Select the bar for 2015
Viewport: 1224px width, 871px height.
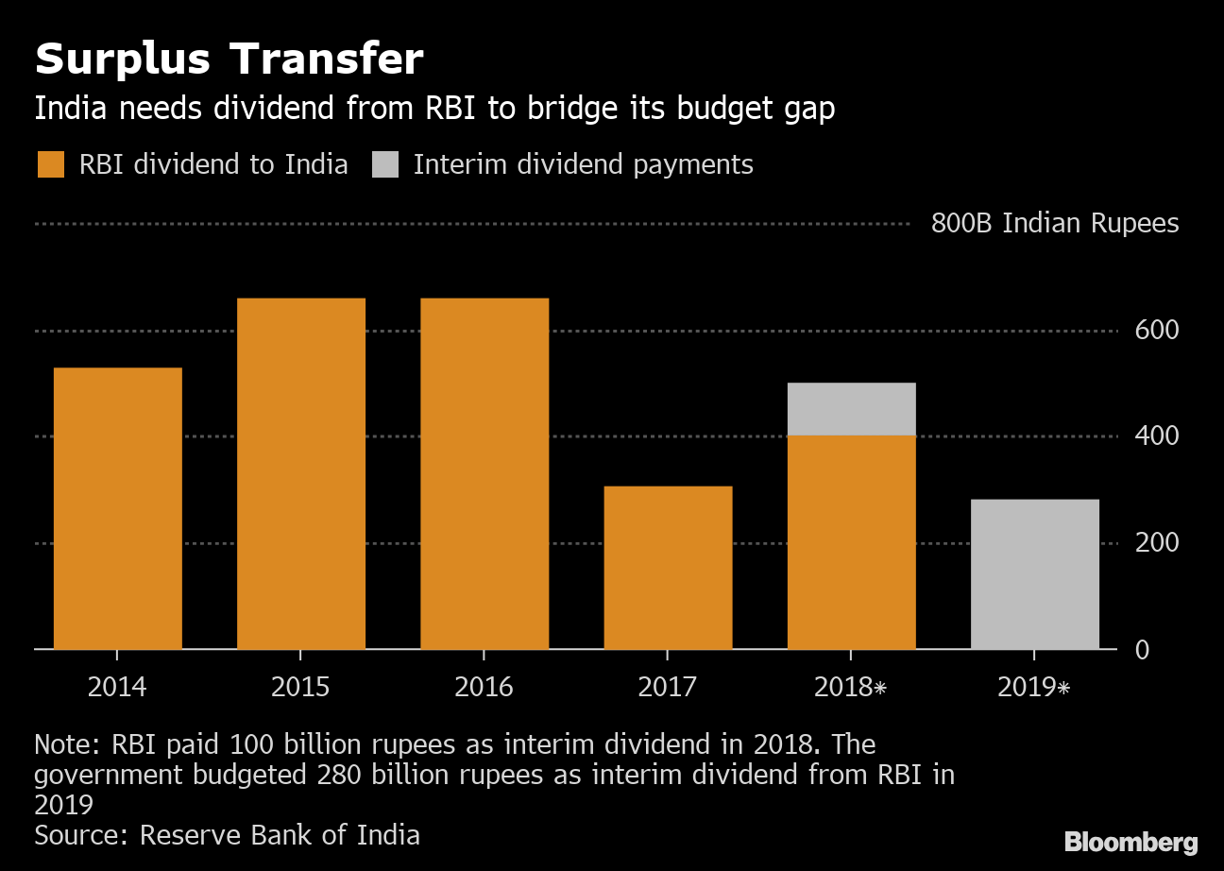[x=300, y=473]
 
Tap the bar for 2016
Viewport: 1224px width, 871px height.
[x=484, y=473]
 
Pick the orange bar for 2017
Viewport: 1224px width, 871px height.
[x=667, y=567]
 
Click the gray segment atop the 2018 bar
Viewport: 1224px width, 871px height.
[x=850, y=409]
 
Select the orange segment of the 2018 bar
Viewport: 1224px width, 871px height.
[x=850, y=542]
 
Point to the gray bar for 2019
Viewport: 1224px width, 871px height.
[x=1034, y=573]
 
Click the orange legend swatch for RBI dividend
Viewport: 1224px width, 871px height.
[x=51, y=165]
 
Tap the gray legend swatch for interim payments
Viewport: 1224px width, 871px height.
[x=385, y=165]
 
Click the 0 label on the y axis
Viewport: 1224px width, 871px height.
[x=1142, y=650]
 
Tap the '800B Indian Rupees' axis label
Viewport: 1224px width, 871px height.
[x=1054, y=224]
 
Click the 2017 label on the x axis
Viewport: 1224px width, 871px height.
[x=667, y=687]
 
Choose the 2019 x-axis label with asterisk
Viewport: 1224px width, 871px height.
[x=1034, y=687]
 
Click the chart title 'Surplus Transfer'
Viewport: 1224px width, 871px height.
[x=229, y=60]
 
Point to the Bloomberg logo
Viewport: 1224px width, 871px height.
[x=1130, y=842]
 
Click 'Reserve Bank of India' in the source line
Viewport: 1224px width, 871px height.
[x=280, y=835]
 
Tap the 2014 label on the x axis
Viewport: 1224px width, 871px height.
[x=117, y=687]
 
